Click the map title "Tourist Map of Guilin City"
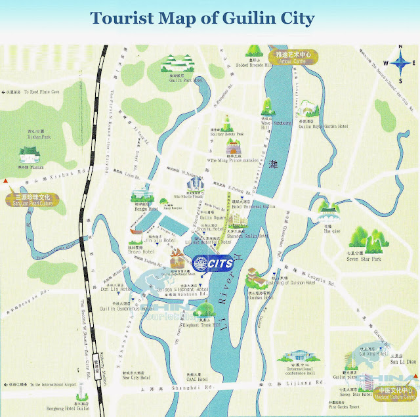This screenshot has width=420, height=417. pyautogui.click(x=202, y=18)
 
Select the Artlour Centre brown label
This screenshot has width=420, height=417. pyautogui.click(x=293, y=57)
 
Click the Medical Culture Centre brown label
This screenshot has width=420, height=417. pyautogui.click(x=392, y=394)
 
